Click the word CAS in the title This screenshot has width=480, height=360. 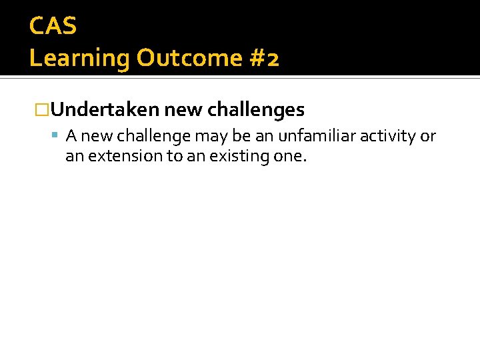click(x=53, y=27)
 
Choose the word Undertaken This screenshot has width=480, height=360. click(x=104, y=109)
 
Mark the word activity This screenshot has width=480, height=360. click(x=389, y=137)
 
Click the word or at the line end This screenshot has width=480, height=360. click(x=428, y=137)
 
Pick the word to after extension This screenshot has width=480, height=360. click(x=172, y=157)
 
